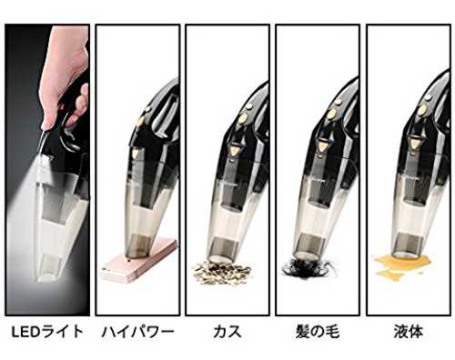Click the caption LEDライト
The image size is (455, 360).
point(47,332)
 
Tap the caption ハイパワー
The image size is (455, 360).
point(138,332)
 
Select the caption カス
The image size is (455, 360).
point(227,332)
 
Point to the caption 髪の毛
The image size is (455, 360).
point(318,332)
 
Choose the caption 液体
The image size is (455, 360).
point(409,332)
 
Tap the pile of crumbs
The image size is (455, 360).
point(222,273)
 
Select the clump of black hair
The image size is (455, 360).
point(308,267)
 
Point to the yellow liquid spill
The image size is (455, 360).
point(402,265)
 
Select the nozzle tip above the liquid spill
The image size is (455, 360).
point(406,245)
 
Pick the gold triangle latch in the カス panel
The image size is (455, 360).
point(236,149)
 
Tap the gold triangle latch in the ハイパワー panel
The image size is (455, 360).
point(135,153)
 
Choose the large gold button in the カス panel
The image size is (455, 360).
point(243,118)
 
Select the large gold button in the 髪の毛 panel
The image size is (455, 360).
point(332,114)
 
